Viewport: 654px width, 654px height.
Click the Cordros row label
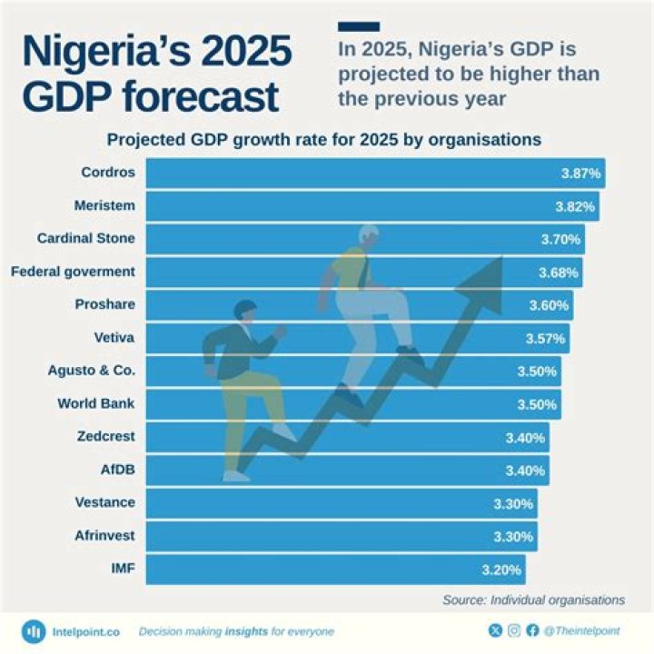(107, 173)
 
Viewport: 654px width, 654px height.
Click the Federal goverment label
(73, 272)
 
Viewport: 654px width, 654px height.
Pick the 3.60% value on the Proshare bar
(549, 305)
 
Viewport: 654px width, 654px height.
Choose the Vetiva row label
(114, 338)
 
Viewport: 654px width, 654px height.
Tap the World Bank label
(96, 403)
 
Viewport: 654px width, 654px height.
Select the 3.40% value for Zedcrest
(525, 438)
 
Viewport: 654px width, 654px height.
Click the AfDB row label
(117, 470)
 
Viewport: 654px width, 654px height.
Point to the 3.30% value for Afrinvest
(513, 537)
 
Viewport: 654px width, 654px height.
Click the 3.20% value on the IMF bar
(500, 570)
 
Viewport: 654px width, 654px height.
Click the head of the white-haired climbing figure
(368, 234)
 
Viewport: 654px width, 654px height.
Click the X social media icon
(495, 630)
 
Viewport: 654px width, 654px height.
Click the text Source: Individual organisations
(533, 599)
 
